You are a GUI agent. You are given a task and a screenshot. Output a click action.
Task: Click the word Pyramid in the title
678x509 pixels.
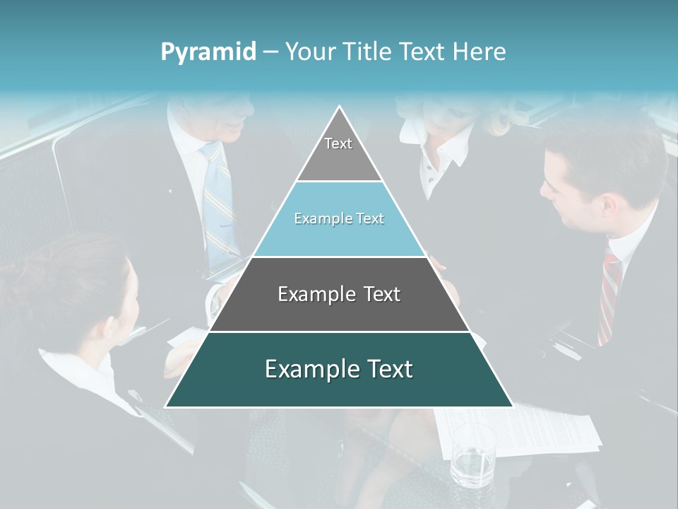208,52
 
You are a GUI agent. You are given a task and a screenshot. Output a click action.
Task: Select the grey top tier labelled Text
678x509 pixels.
338,152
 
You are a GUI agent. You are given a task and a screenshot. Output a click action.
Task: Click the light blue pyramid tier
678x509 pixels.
339,219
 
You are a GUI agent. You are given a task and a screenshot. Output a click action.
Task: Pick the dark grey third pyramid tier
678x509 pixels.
339,294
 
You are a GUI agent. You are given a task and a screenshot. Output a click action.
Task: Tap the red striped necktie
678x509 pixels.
609,297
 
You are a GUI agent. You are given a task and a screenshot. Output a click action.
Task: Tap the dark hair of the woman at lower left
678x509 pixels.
64,283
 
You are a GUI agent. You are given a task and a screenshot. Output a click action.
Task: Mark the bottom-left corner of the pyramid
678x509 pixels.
166,406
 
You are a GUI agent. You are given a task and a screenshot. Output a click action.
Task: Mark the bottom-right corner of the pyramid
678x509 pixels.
513,406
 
